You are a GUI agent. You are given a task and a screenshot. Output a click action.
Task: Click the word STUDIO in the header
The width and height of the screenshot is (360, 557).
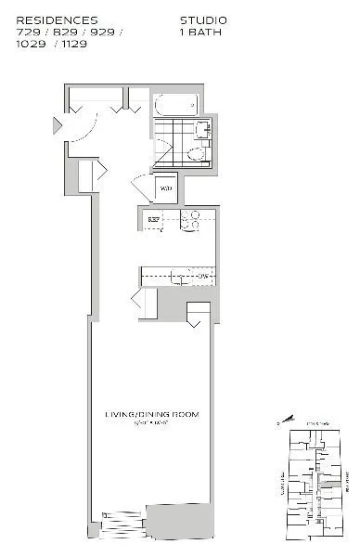point(202,19)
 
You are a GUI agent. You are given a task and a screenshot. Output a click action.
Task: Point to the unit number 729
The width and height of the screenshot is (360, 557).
point(29,31)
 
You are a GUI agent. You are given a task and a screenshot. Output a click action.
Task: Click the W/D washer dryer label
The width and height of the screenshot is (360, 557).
point(166,189)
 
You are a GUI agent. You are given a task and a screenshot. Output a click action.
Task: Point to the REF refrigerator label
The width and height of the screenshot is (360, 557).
point(153,221)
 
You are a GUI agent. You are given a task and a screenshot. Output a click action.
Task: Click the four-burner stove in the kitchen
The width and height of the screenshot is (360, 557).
point(190,220)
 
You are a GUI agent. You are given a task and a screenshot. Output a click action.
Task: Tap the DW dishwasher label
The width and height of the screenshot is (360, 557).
point(201,277)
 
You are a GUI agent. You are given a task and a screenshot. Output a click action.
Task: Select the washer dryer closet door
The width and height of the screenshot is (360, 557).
point(141,188)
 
